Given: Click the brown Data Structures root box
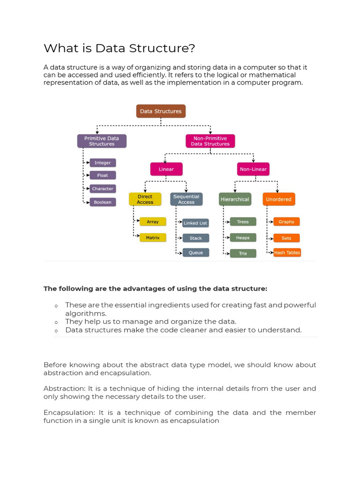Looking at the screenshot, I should [161, 111].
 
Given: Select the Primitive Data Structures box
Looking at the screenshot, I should [102, 141].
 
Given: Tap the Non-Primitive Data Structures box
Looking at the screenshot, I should [210, 141].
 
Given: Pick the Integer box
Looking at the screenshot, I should [103, 163].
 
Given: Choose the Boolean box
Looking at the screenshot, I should [102, 202].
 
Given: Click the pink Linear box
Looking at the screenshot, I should [166, 169].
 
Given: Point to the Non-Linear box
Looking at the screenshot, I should [253, 169].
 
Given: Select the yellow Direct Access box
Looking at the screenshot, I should [145, 199].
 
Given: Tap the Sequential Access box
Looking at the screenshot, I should [186, 199].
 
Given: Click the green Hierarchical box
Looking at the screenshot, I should [235, 199].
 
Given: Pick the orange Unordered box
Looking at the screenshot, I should [278, 199].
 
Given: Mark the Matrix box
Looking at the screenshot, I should [153, 238].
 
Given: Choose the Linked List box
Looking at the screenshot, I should [195, 223].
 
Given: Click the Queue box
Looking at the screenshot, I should [196, 253].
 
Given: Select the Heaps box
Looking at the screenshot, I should [243, 238].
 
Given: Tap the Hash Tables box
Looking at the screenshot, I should [287, 253].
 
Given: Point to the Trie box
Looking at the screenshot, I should [243, 254].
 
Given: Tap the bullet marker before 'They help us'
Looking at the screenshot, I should [56, 322].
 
